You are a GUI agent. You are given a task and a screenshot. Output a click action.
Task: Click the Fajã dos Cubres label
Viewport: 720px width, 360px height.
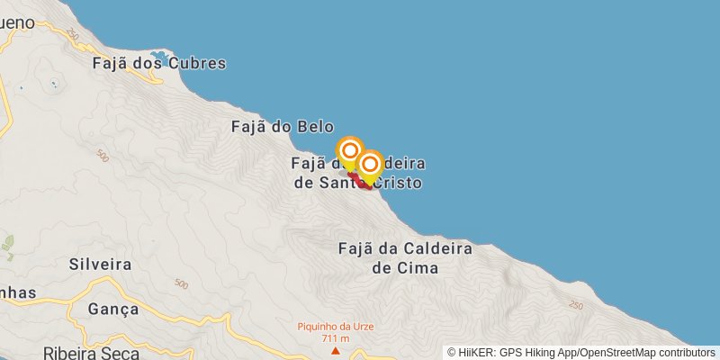(x=159, y=64)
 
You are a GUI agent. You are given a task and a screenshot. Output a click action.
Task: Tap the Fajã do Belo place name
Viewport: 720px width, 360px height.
(x=283, y=127)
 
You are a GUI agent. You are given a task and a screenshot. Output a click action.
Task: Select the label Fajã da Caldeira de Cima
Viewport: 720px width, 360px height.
(x=404, y=257)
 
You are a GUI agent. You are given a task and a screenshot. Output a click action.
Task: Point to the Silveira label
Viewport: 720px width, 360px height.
(x=100, y=265)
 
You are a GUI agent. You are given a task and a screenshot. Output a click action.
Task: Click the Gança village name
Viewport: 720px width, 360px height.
(x=113, y=309)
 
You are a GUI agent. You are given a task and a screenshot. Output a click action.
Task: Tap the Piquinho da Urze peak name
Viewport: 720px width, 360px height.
(x=336, y=326)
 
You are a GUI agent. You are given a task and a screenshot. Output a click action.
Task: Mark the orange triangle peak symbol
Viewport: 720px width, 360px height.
(x=336, y=351)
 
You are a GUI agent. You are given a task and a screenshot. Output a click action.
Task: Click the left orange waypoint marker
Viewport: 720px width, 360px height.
(x=350, y=150)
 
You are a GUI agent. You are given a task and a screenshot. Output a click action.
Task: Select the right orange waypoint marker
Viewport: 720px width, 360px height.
(x=369, y=164)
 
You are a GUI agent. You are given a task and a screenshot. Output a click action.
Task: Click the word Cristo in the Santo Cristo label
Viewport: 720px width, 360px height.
(x=400, y=183)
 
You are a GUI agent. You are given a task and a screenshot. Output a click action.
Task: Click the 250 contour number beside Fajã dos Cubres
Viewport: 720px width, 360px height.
(x=72, y=34)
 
